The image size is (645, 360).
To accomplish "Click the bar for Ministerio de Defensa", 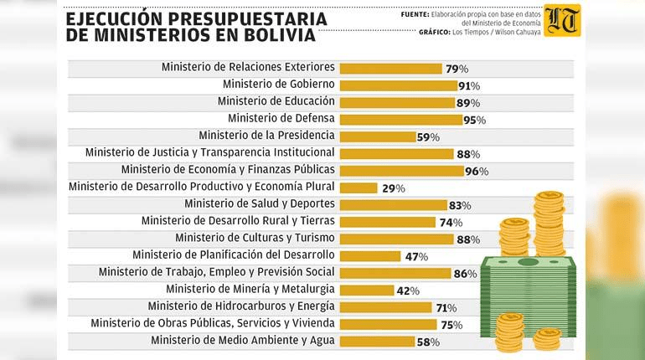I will point(400,119).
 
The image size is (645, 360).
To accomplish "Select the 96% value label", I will point(477,171).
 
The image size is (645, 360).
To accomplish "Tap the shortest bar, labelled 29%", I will point(359,188).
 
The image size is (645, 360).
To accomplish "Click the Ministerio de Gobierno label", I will point(279,84).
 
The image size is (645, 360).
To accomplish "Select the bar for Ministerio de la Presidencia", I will point(377,136).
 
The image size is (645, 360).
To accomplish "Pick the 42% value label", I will point(407,291).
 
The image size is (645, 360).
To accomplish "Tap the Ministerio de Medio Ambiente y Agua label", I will point(243,340).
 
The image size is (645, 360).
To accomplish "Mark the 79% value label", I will point(456,68).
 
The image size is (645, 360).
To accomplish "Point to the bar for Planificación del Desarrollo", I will point(371,255).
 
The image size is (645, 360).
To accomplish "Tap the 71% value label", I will point(446,307).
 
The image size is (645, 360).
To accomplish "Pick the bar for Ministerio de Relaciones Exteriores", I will point(390,67).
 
